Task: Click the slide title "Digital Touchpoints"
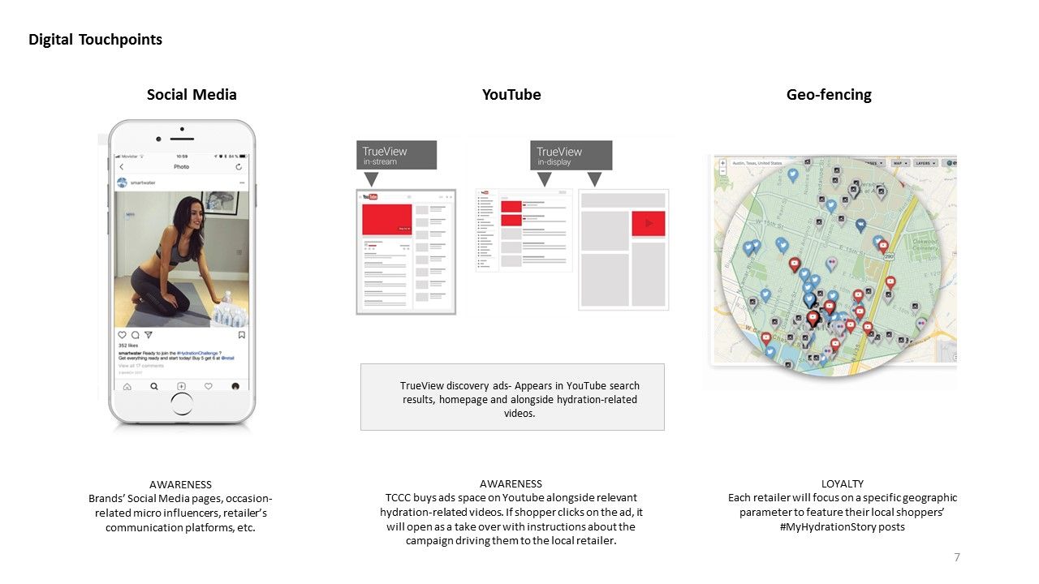(x=95, y=40)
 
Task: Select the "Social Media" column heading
(x=192, y=95)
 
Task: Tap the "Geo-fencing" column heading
(x=829, y=95)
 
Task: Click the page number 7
(x=957, y=557)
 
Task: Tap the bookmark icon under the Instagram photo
(x=241, y=334)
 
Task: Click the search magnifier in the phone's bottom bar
(x=154, y=387)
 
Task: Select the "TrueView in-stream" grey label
(x=396, y=155)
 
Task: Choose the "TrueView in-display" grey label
(x=571, y=155)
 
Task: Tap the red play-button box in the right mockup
(x=648, y=223)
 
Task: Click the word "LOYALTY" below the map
(x=843, y=484)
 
